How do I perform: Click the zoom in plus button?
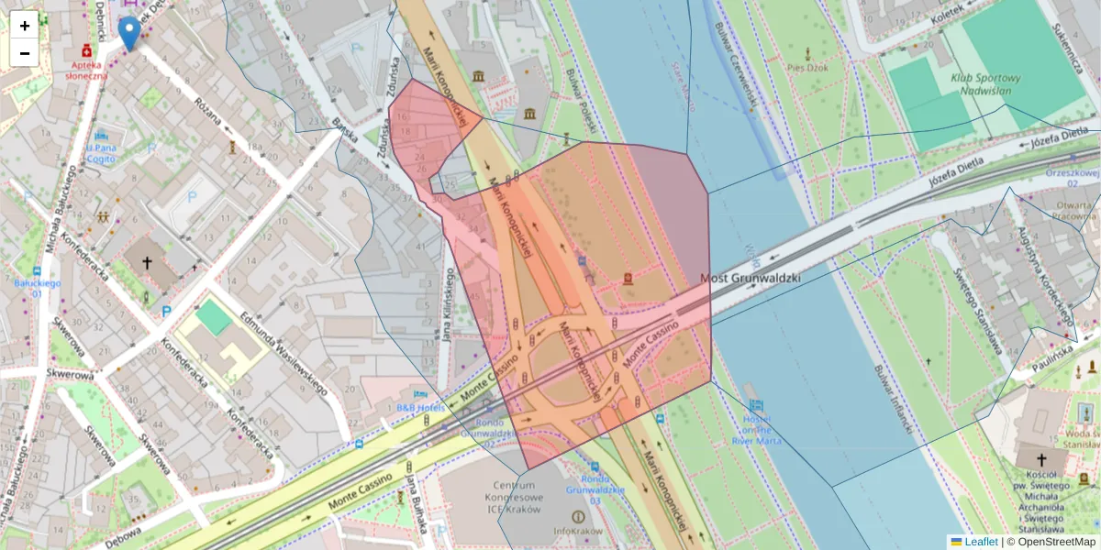point(25,26)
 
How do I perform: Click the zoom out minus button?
point(25,53)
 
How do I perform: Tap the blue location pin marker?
point(129,33)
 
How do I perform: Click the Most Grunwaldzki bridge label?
point(751,277)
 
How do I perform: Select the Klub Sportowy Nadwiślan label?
point(985,83)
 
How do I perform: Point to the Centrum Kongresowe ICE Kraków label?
point(514,496)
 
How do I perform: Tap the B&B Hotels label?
point(420,407)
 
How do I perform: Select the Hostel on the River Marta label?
point(755,428)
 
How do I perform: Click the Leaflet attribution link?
point(980,542)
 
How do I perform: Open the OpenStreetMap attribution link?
point(1055,542)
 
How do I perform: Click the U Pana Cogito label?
point(101,152)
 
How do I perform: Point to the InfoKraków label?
point(577,531)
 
